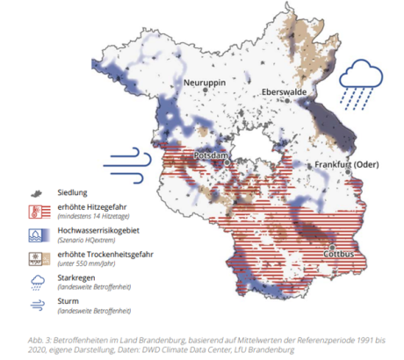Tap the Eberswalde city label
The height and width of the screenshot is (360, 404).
(285, 91)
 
